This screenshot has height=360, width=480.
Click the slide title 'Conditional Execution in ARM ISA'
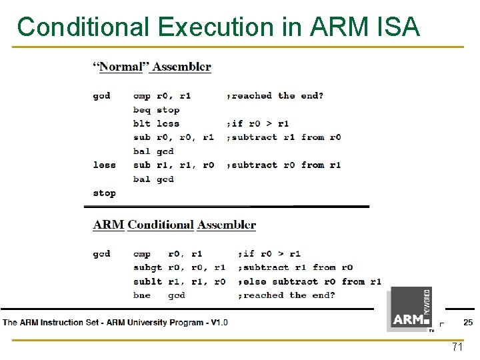click(x=219, y=27)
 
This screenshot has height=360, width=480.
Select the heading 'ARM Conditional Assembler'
click(x=174, y=225)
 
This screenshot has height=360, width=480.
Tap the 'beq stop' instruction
click(x=156, y=110)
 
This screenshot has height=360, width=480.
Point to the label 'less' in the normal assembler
click(x=104, y=165)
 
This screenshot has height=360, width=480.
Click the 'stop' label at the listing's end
click(x=104, y=193)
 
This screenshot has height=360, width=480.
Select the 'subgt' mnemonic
click(x=147, y=267)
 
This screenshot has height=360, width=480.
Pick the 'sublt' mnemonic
click(x=147, y=281)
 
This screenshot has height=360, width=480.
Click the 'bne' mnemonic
click(x=142, y=295)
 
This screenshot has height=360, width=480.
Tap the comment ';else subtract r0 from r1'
click(x=309, y=281)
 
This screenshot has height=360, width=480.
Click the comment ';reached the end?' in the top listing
click(x=275, y=96)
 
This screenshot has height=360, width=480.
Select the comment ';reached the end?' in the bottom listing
click(x=287, y=295)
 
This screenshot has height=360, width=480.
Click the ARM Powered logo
click(x=411, y=309)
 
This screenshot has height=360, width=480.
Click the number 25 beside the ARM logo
click(x=467, y=323)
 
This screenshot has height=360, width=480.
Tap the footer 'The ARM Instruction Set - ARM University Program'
click(x=115, y=323)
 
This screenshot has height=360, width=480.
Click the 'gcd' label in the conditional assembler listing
click(x=101, y=254)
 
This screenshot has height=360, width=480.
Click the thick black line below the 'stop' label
click(x=230, y=207)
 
